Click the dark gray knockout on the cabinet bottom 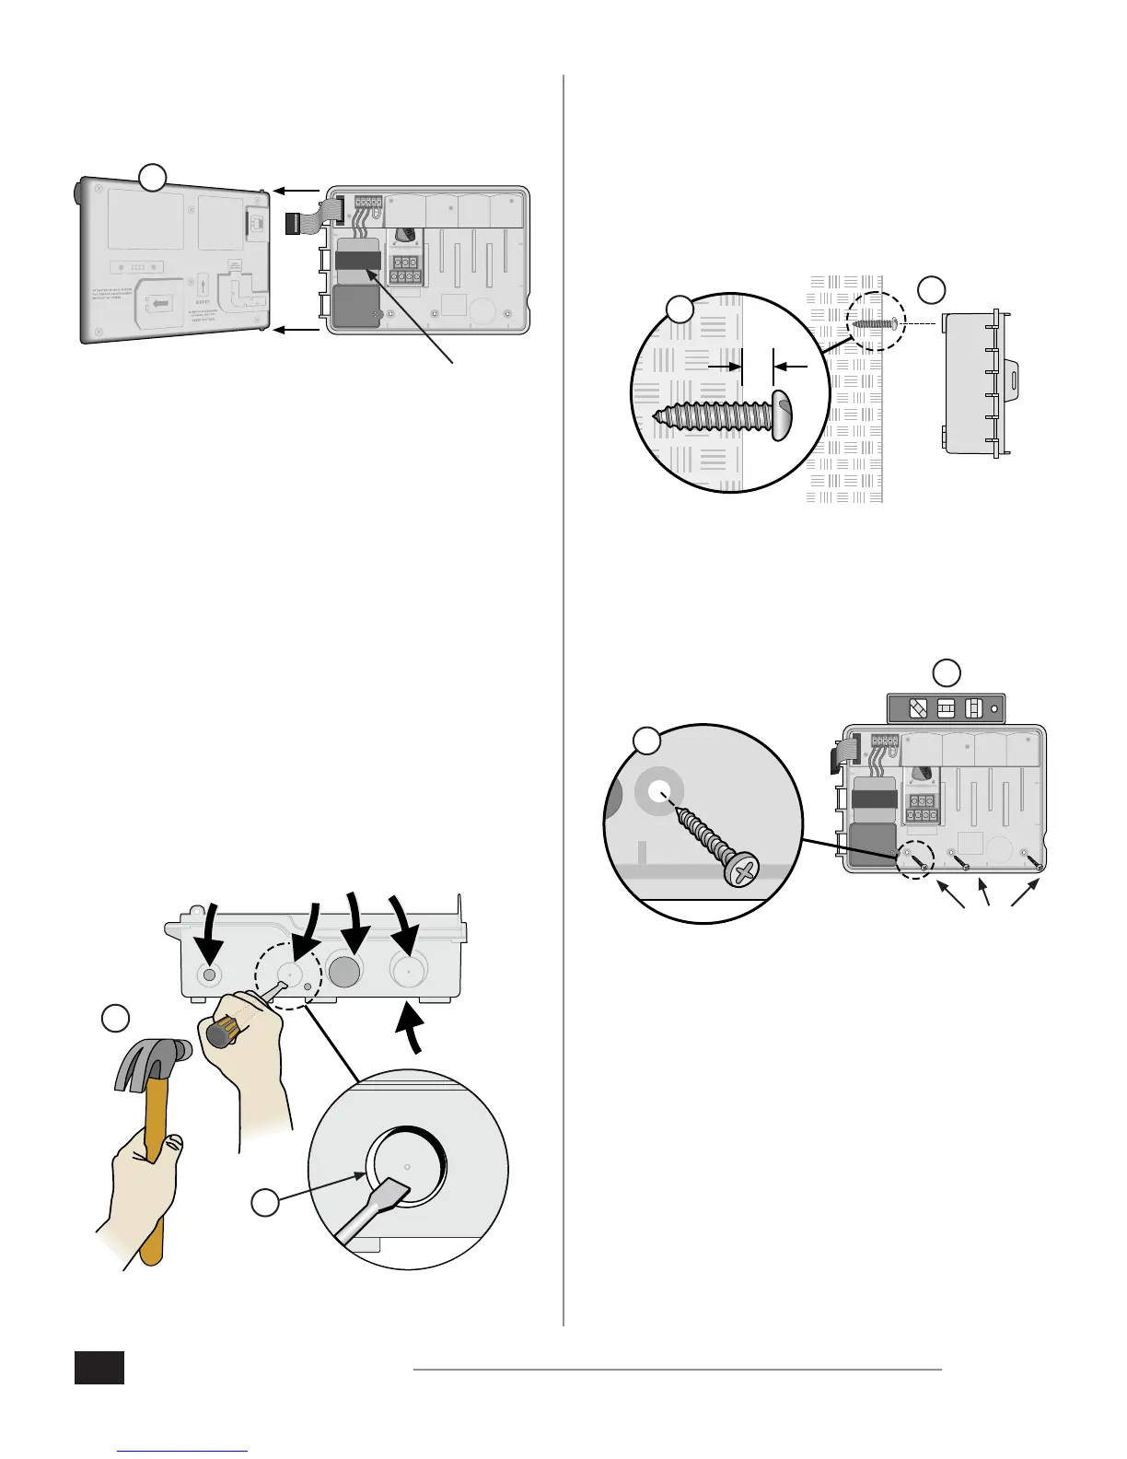(345, 972)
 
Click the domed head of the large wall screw (782, 415)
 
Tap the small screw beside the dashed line (876, 323)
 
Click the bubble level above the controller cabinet (946, 709)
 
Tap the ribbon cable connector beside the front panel (302, 224)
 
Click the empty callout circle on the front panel (152, 177)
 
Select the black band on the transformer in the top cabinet (358, 260)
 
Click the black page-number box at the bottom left (99, 1367)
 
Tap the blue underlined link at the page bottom (183, 1452)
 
